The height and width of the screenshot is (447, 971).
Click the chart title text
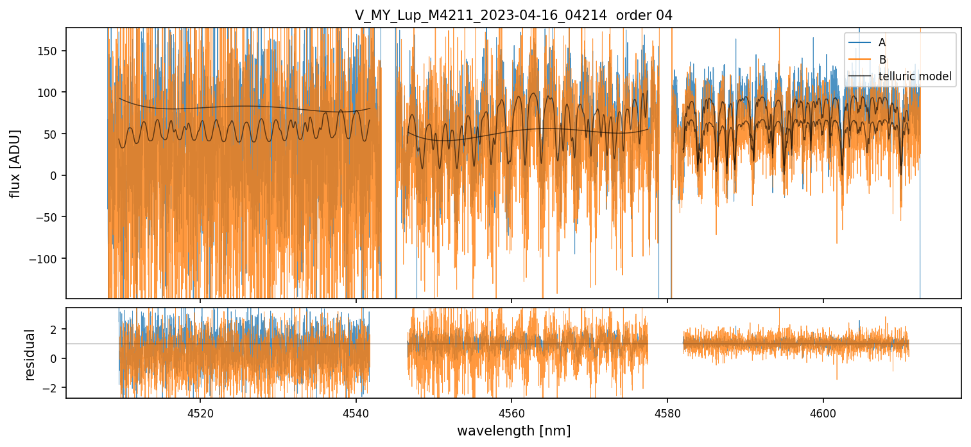tap(513, 15)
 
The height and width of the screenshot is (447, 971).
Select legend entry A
tap(882, 42)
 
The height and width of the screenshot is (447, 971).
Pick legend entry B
tap(882, 60)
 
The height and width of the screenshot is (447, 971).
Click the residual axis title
tap(30, 354)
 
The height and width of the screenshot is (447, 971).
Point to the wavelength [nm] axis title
tap(513, 431)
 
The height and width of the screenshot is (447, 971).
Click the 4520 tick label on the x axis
tap(200, 412)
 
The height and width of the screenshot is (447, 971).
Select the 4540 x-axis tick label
tap(356, 412)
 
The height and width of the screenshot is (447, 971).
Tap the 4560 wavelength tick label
tap(511, 412)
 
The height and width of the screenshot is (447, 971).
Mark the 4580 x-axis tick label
tap(667, 412)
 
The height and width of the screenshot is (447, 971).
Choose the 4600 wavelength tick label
tap(823, 412)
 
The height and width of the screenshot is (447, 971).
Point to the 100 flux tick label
tap(49, 92)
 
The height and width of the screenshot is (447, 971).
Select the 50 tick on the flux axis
tap(52, 134)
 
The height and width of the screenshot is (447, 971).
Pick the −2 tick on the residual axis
tap(51, 388)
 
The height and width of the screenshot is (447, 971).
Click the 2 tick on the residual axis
tap(55, 329)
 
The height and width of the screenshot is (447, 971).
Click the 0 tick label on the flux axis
tap(55, 175)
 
